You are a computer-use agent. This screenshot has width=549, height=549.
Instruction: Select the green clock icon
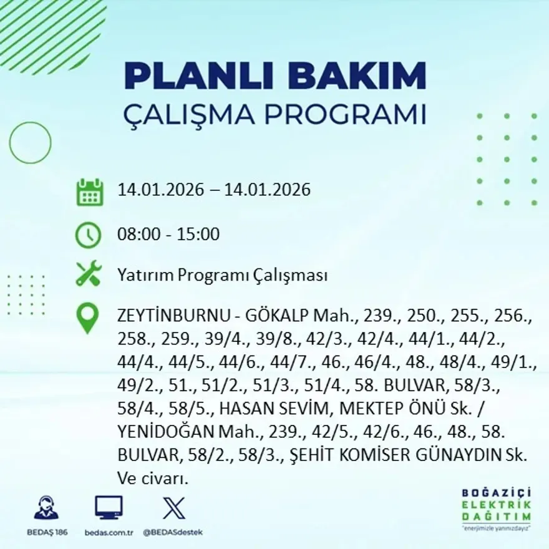88,235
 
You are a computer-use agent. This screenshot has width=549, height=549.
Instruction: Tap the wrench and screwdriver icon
88,274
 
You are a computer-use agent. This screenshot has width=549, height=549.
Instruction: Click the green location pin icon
87,317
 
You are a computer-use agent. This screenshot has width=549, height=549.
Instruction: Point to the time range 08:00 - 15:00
168,235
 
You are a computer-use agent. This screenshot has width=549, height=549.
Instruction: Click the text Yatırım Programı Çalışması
222,275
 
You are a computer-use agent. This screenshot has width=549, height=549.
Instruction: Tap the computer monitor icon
109,507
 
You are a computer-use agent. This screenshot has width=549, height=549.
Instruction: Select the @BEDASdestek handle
173,532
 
